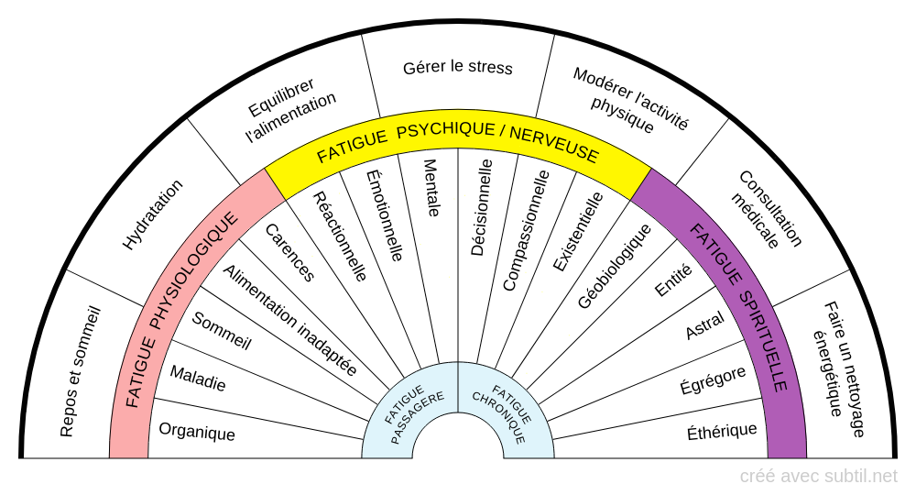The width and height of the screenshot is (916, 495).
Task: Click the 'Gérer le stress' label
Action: click(458, 68)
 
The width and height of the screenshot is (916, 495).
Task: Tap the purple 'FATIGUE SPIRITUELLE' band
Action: click(738, 308)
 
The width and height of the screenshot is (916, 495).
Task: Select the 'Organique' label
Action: click(197, 432)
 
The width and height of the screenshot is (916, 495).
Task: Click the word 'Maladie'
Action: click(198, 378)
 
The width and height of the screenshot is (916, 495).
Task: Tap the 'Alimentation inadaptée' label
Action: click(289, 319)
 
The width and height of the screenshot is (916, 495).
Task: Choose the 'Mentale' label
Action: click(431, 188)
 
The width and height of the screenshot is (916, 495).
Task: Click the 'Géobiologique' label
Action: click(615, 266)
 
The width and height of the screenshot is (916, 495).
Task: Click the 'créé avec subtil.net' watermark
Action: click(818, 476)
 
